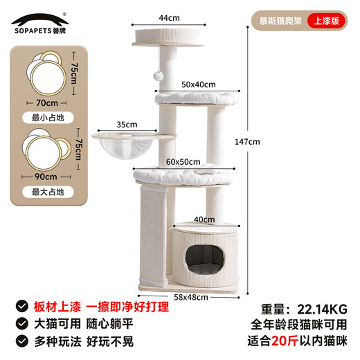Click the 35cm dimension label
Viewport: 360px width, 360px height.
(127, 125)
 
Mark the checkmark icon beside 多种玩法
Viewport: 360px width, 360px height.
(23, 341)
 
